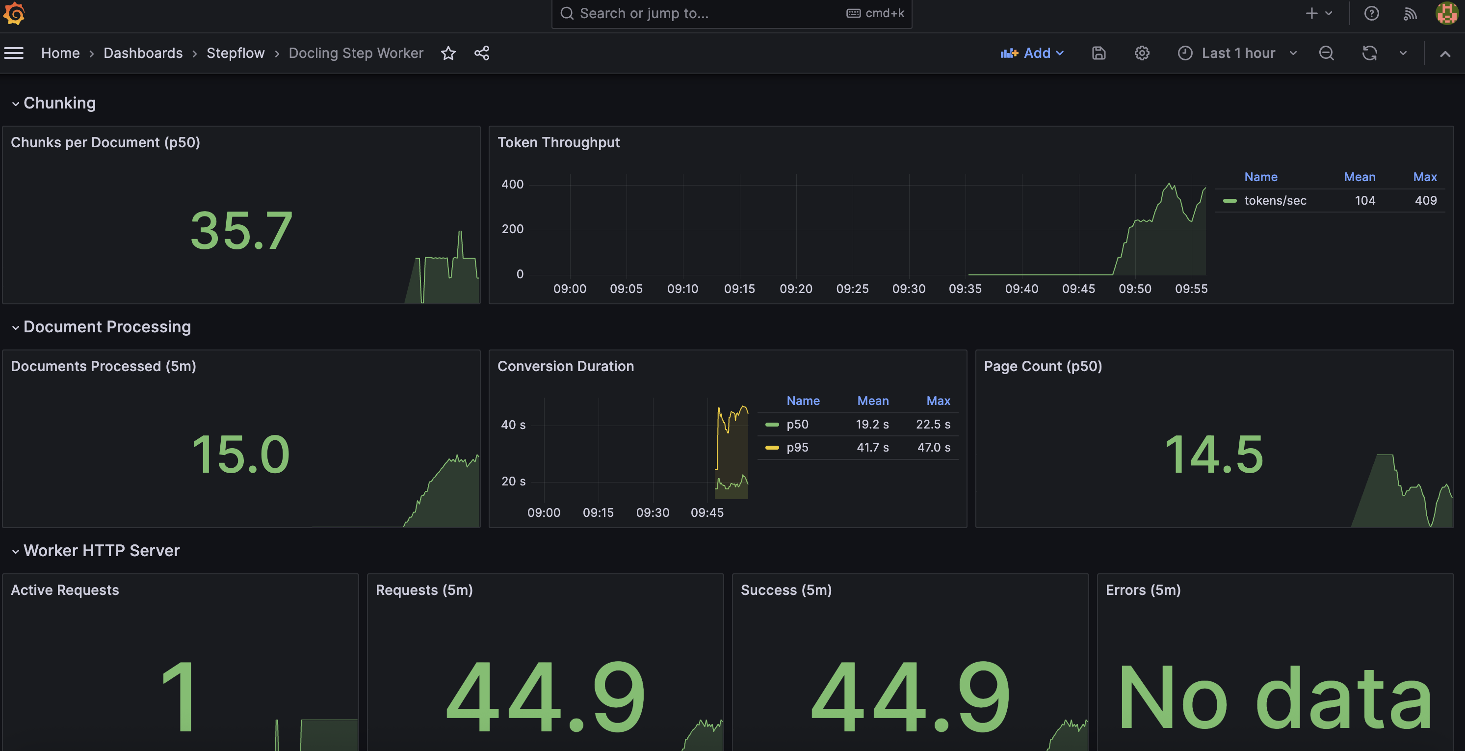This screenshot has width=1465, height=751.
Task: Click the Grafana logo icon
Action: [14, 13]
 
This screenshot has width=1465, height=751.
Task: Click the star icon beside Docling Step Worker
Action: [448, 53]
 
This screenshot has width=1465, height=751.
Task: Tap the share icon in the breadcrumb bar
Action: [482, 53]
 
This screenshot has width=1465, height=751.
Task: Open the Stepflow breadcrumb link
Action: [235, 53]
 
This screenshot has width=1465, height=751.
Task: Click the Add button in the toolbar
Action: [1032, 53]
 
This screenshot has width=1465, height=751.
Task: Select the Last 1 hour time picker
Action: [1237, 53]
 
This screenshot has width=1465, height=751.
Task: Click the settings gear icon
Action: [1141, 53]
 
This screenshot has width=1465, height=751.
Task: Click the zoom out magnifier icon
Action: [1326, 53]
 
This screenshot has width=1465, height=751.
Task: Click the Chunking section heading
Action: [59, 103]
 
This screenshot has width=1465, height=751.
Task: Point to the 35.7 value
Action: [241, 230]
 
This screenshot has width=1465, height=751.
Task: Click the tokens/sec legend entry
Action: [1275, 200]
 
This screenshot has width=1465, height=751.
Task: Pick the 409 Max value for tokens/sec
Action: [1425, 200]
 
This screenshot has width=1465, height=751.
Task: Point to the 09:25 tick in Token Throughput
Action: [852, 289]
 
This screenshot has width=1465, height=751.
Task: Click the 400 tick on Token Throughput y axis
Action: [512, 185]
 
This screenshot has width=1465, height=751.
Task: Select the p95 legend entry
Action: [797, 447]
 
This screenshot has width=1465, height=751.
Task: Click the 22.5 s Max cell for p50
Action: [933, 425]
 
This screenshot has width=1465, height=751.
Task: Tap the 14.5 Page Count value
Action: [1214, 454]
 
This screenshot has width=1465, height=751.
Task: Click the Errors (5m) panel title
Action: [1143, 590]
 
